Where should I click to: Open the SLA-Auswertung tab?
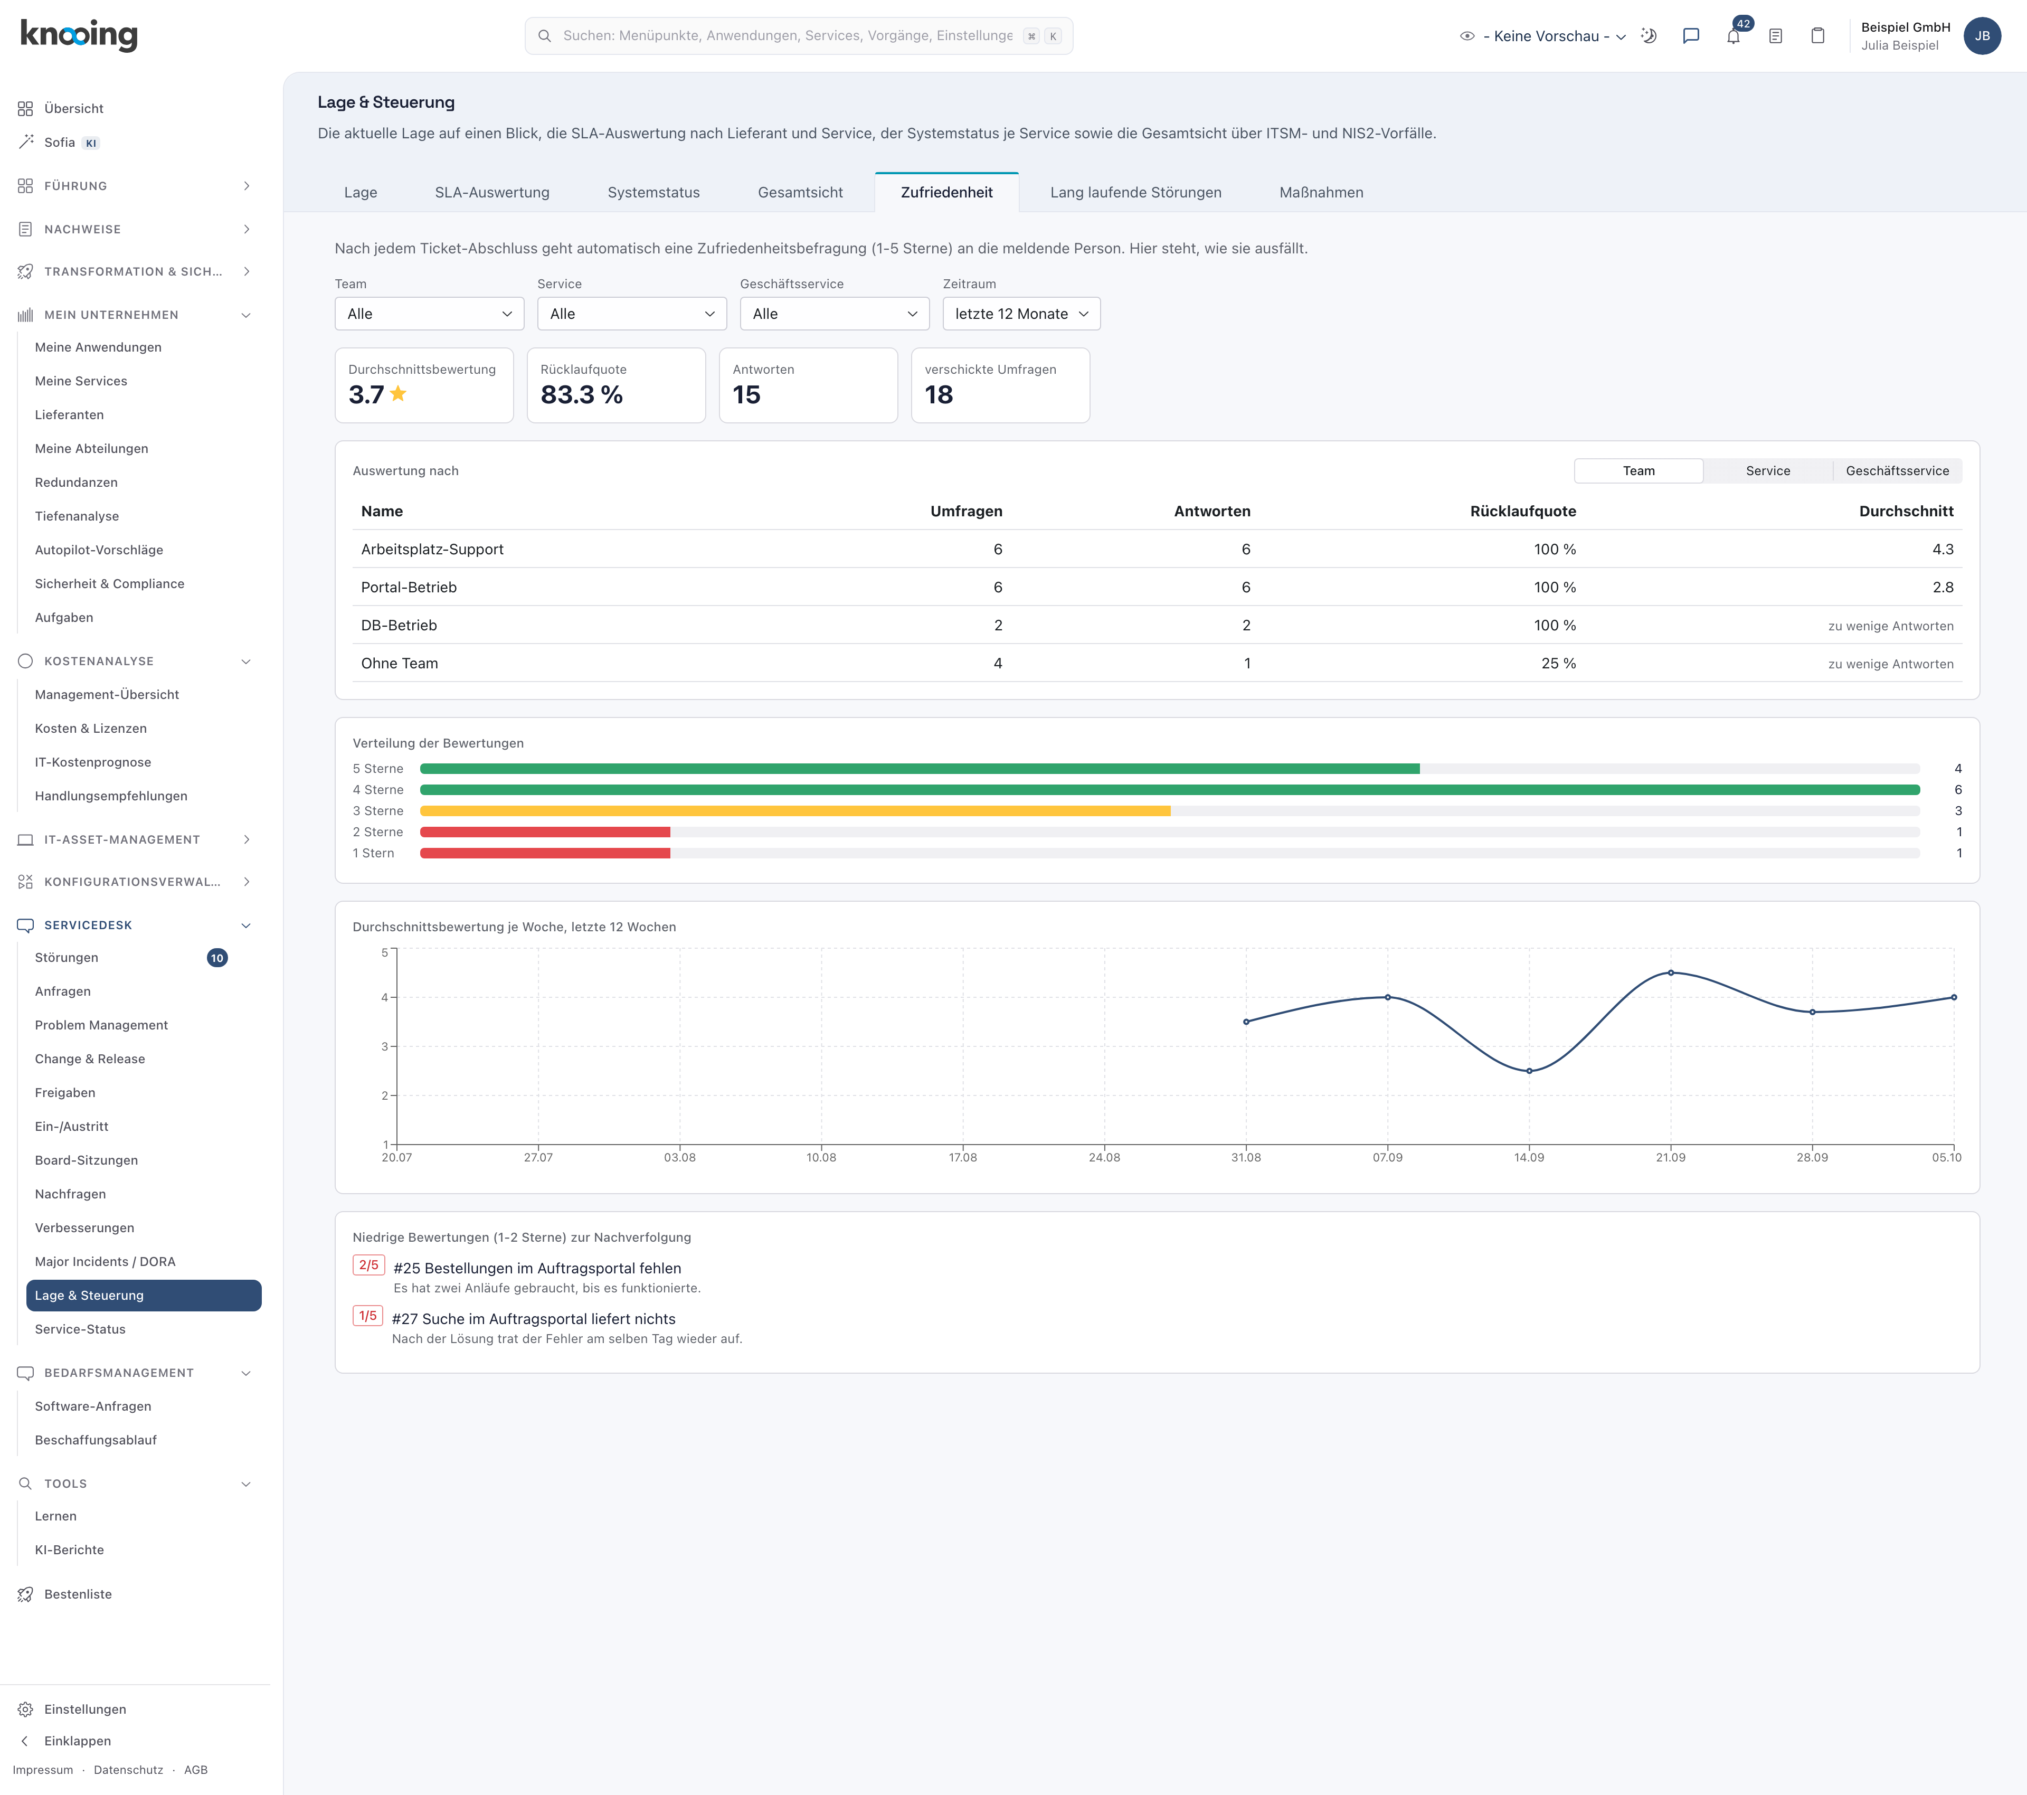pos(492,192)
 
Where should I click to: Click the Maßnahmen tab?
pos(1321,192)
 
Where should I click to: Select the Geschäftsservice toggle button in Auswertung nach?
pos(1897,471)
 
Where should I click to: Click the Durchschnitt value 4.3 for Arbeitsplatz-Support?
pos(1943,550)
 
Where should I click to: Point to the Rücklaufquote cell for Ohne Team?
pos(1558,664)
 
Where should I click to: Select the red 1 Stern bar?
pos(545,853)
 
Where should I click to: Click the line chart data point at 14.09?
pos(1529,1071)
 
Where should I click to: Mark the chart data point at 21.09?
pos(1671,973)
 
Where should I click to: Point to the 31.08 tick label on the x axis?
pos(1246,1157)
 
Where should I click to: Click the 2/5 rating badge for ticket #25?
pos(369,1265)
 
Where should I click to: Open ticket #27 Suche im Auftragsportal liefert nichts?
pos(534,1319)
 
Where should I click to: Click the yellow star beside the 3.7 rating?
pos(399,394)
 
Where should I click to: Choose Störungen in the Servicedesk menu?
pos(67,958)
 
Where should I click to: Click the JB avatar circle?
pos(1982,36)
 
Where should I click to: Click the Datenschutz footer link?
pos(128,1770)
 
